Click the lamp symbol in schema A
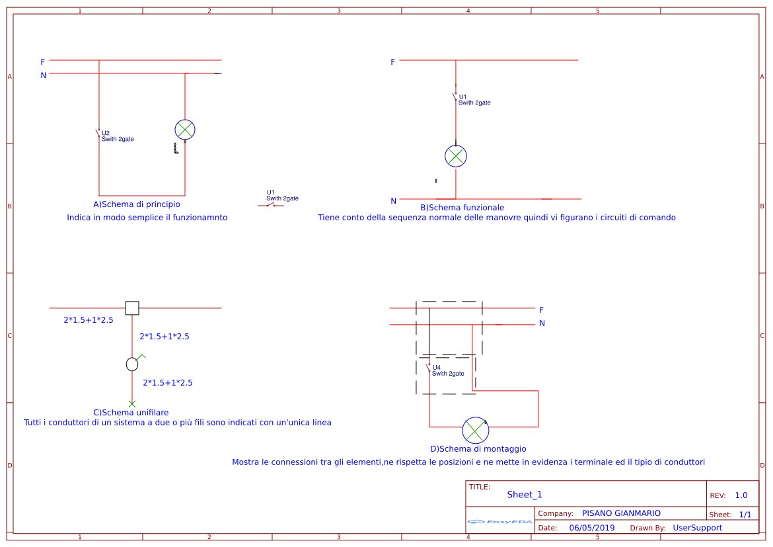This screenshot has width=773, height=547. tap(185, 129)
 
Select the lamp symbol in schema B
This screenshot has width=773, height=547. tap(455, 156)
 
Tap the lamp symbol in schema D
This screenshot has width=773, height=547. tap(475, 431)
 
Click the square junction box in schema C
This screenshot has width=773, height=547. tap(132, 308)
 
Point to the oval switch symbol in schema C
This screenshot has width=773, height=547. tap(132, 364)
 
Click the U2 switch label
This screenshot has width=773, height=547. tap(106, 133)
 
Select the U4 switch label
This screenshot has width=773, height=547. tap(436, 368)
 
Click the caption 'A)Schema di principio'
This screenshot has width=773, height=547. tap(137, 204)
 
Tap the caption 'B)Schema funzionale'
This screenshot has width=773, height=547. tap(462, 207)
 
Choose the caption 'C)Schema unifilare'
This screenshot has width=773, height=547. tap(131, 412)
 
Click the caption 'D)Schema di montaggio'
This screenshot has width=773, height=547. tap(478, 448)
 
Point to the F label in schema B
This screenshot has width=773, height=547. tap(392, 62)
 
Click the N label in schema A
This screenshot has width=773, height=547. tap(44, 75)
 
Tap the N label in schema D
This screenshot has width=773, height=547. tap(542, 323)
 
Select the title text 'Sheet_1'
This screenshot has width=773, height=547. tap(525, 495)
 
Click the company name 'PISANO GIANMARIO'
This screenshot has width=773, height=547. tap(621, 513)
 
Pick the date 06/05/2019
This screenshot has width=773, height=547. tap(592, 528)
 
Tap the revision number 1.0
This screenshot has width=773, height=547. tap(741, 495)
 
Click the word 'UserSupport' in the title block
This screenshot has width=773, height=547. tap(697, 528)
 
